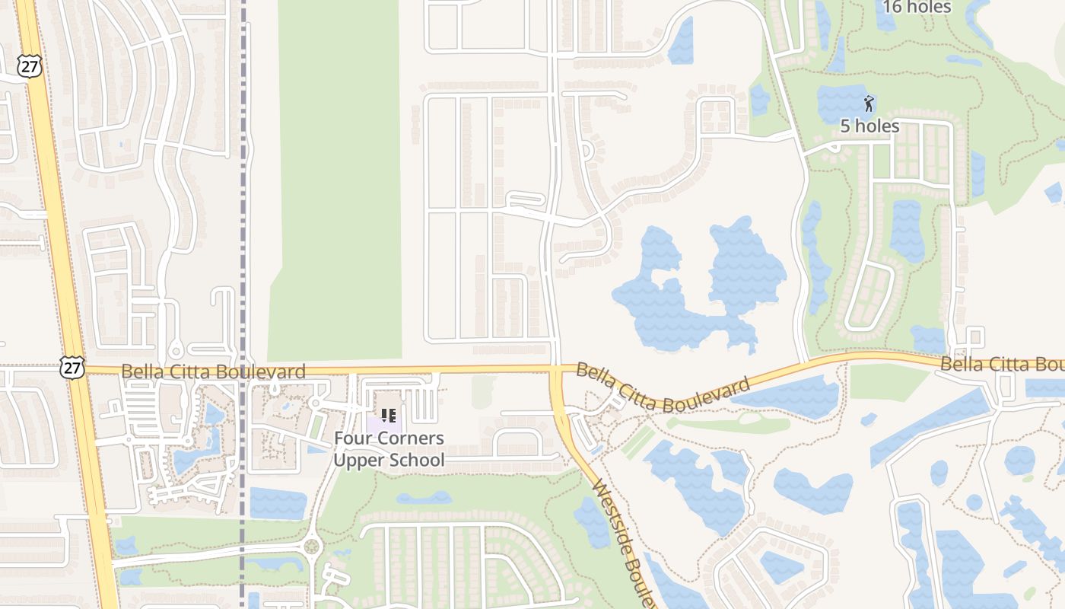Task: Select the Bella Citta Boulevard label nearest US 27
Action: [x=213, y=371]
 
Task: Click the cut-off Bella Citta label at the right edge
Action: [x=1002, y=365]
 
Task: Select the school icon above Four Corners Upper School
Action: [x=389, y=416]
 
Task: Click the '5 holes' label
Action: [x=869, y=126]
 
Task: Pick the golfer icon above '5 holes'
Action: [x=869, y=103]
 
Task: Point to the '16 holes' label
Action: [x=917, y=7]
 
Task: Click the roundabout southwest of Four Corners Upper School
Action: [x=310, y=546]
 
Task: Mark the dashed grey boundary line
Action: [x=243, y=228]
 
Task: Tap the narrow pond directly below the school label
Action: [x=424, y=499]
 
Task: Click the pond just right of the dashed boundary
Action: [x=278, y=503]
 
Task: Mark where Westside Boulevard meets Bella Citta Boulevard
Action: [x=557, y=371]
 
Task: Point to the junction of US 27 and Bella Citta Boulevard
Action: [x=77, y=370]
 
